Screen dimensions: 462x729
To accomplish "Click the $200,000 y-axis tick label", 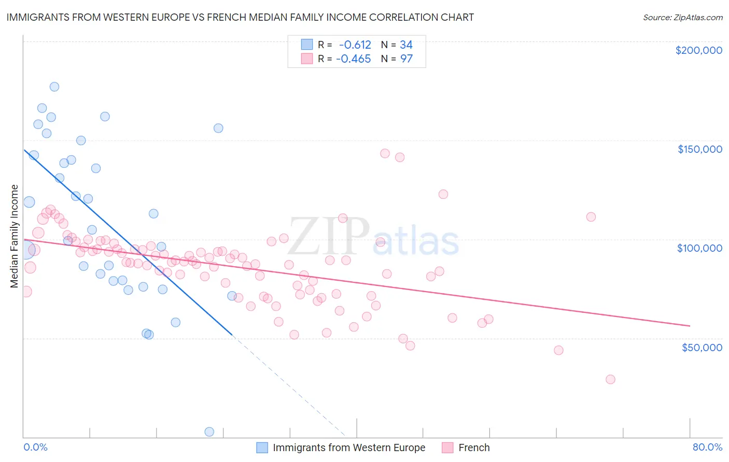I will click(698, 50).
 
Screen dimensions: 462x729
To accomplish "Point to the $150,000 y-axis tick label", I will click(699, 149).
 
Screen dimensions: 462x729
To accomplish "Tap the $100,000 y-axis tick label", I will click(699, 248).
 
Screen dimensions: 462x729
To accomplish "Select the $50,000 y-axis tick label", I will click(702, 347).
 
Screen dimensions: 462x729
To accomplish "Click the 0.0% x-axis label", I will click(35, 447).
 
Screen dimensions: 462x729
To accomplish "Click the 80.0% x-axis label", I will click(707, 447).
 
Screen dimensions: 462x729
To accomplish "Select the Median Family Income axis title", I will click(15, 236).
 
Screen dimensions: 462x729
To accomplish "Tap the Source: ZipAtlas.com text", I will click(682, 17).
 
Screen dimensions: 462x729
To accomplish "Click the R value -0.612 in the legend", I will click(355, 45).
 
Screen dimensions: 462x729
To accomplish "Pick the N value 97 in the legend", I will click(406, 59).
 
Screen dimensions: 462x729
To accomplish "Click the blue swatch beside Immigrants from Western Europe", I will click(262, 447).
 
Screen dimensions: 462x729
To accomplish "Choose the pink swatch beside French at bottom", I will click(447, 447).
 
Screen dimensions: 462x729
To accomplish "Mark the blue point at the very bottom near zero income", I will click(209, 431).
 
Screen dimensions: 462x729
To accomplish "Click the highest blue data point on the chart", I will click(54, 86).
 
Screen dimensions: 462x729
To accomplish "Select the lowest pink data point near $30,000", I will click(610, 379).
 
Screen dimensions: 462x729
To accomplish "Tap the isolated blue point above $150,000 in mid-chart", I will click(218, 128).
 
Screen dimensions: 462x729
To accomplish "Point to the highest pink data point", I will click(385, 153).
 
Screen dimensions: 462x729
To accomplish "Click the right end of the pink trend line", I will click(690, 326).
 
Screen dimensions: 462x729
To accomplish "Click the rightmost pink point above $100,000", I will click(591, 217).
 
